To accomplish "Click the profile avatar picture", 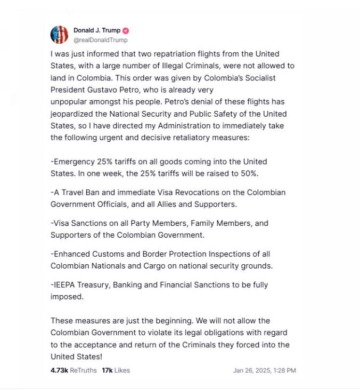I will pyautogui.click(x=59, y=35).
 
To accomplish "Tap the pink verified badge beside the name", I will pyautogui.click(x=126, y=30).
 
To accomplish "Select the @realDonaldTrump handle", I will pyautogui.click(x=100, y=40).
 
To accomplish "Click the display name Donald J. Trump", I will pyautogui.click(x=97, y=30).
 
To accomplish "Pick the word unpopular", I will pyautogui.click(x=70, y=101).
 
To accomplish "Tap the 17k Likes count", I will pyautogui.click(x=116, y=370).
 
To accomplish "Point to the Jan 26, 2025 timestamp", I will pyautogui.click(x=264, y=370).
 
